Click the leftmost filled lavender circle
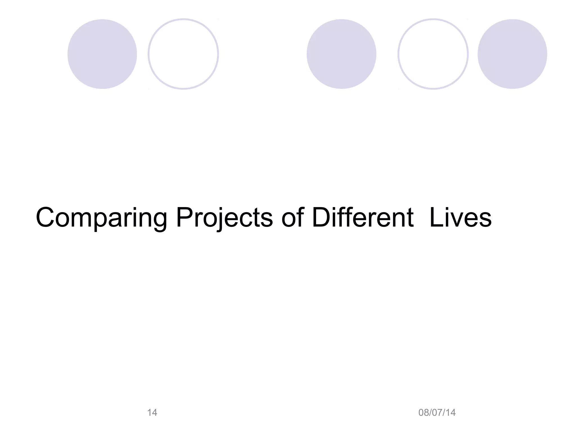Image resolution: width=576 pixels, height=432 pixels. pyautogui.click(x=102, y=54)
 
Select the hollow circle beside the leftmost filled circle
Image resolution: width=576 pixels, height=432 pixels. pyautogui.click(x=183, y=54)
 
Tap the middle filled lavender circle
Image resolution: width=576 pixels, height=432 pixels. pyautogui.click(x=341, y=54)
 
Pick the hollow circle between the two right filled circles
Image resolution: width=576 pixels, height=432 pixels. pyautogui.click(x=433, y=54)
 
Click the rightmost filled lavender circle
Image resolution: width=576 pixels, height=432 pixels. pyautogui.click(x=512, y=54)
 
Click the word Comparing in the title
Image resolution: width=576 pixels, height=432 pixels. pyautogui.click(x=102, y=218)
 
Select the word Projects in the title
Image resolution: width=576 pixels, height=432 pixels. pyautogui.click(x=224, y=218)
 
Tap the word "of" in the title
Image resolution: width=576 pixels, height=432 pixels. pyautogui.click(x=292, y=218)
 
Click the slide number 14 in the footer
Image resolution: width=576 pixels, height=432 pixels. pyautogui.click(x=152, y=413)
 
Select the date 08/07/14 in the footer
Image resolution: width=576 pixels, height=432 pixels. pyautogui.click(x=437, y=413)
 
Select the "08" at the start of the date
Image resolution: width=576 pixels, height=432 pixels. pyautogui.click(x=424, y=413)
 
